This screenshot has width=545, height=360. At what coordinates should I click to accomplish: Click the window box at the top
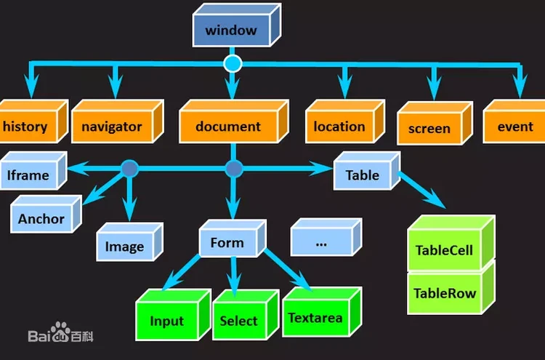(x=231, y=31)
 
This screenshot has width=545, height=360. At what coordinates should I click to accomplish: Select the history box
(x=27, y=127)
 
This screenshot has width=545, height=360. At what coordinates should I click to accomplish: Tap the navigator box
(x=112, y=127)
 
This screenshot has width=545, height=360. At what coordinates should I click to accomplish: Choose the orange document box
(x=228, y=127)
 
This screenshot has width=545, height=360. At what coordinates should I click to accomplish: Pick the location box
(x=339, y=127)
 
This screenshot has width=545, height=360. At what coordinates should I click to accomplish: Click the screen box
(x=429, y=129)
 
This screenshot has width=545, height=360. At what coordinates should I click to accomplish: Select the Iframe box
(x=29, y=175)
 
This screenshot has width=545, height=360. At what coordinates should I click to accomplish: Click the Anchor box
(x=41, y=219)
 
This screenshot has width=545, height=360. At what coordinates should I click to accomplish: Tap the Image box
(x=124, y=247)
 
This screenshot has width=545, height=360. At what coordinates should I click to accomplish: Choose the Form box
(x=227, y=243)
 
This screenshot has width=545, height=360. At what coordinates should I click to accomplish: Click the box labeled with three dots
(x=321, y=243)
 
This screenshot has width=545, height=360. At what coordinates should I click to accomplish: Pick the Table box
(x=363, y=175)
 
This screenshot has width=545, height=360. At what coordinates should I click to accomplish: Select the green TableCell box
(x=445, y=250)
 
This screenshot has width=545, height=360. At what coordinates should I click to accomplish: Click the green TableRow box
(x=445, y=293)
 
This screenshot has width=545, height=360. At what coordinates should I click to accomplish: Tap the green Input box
(x=167, y=321)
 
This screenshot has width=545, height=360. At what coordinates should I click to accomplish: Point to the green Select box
(x=239, y=321)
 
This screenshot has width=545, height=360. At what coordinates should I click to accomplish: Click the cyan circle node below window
(x=233, y=64)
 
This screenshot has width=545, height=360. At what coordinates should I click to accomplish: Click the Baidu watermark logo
(x=61, y=335)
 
